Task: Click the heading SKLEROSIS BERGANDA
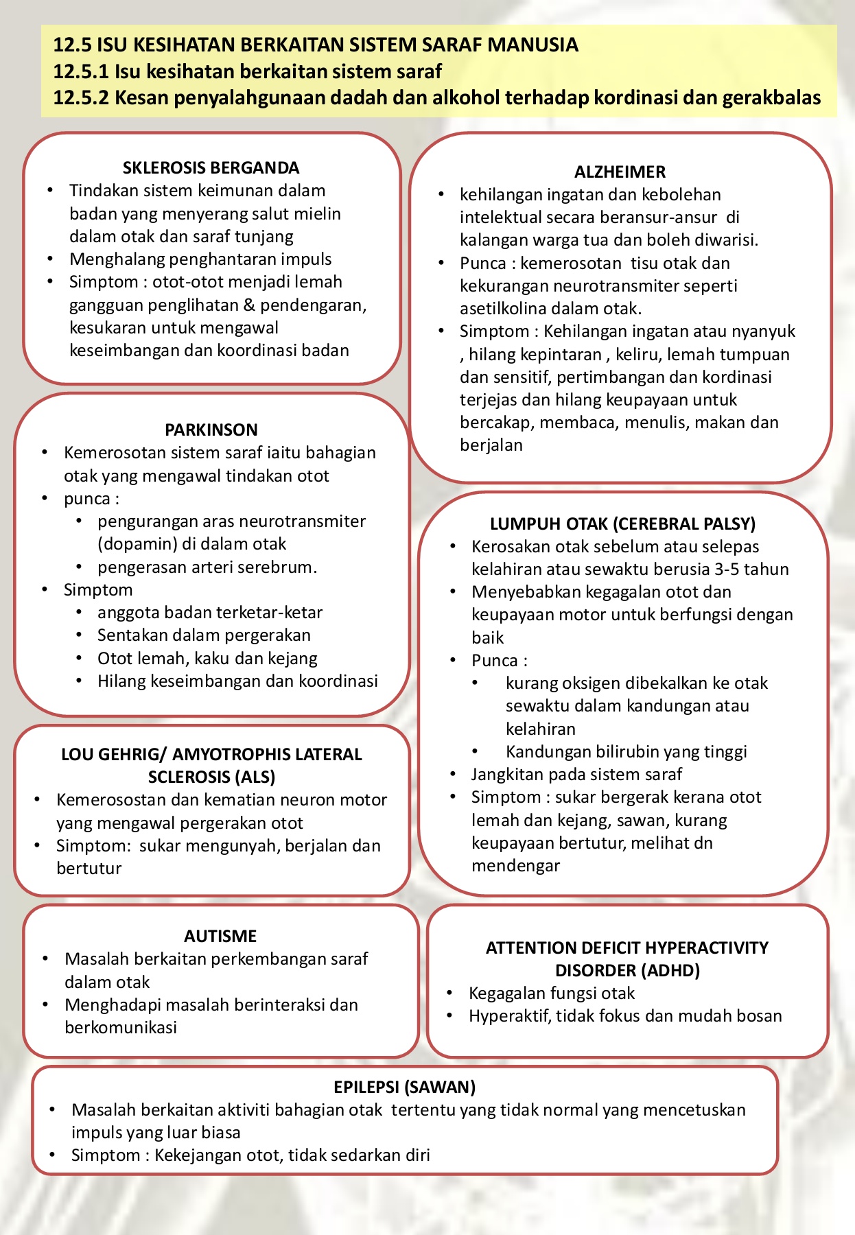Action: tap(211, 168)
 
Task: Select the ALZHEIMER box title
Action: tap(620, 172)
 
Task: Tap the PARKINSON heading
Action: tap(211, 430)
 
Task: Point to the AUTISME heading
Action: tap(220, 937)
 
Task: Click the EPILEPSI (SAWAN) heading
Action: tap(404, 1087)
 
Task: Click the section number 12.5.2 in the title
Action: tap(81, 98)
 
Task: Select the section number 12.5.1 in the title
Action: tap(81, 71)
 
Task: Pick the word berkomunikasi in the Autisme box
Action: tap(121, 1028)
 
